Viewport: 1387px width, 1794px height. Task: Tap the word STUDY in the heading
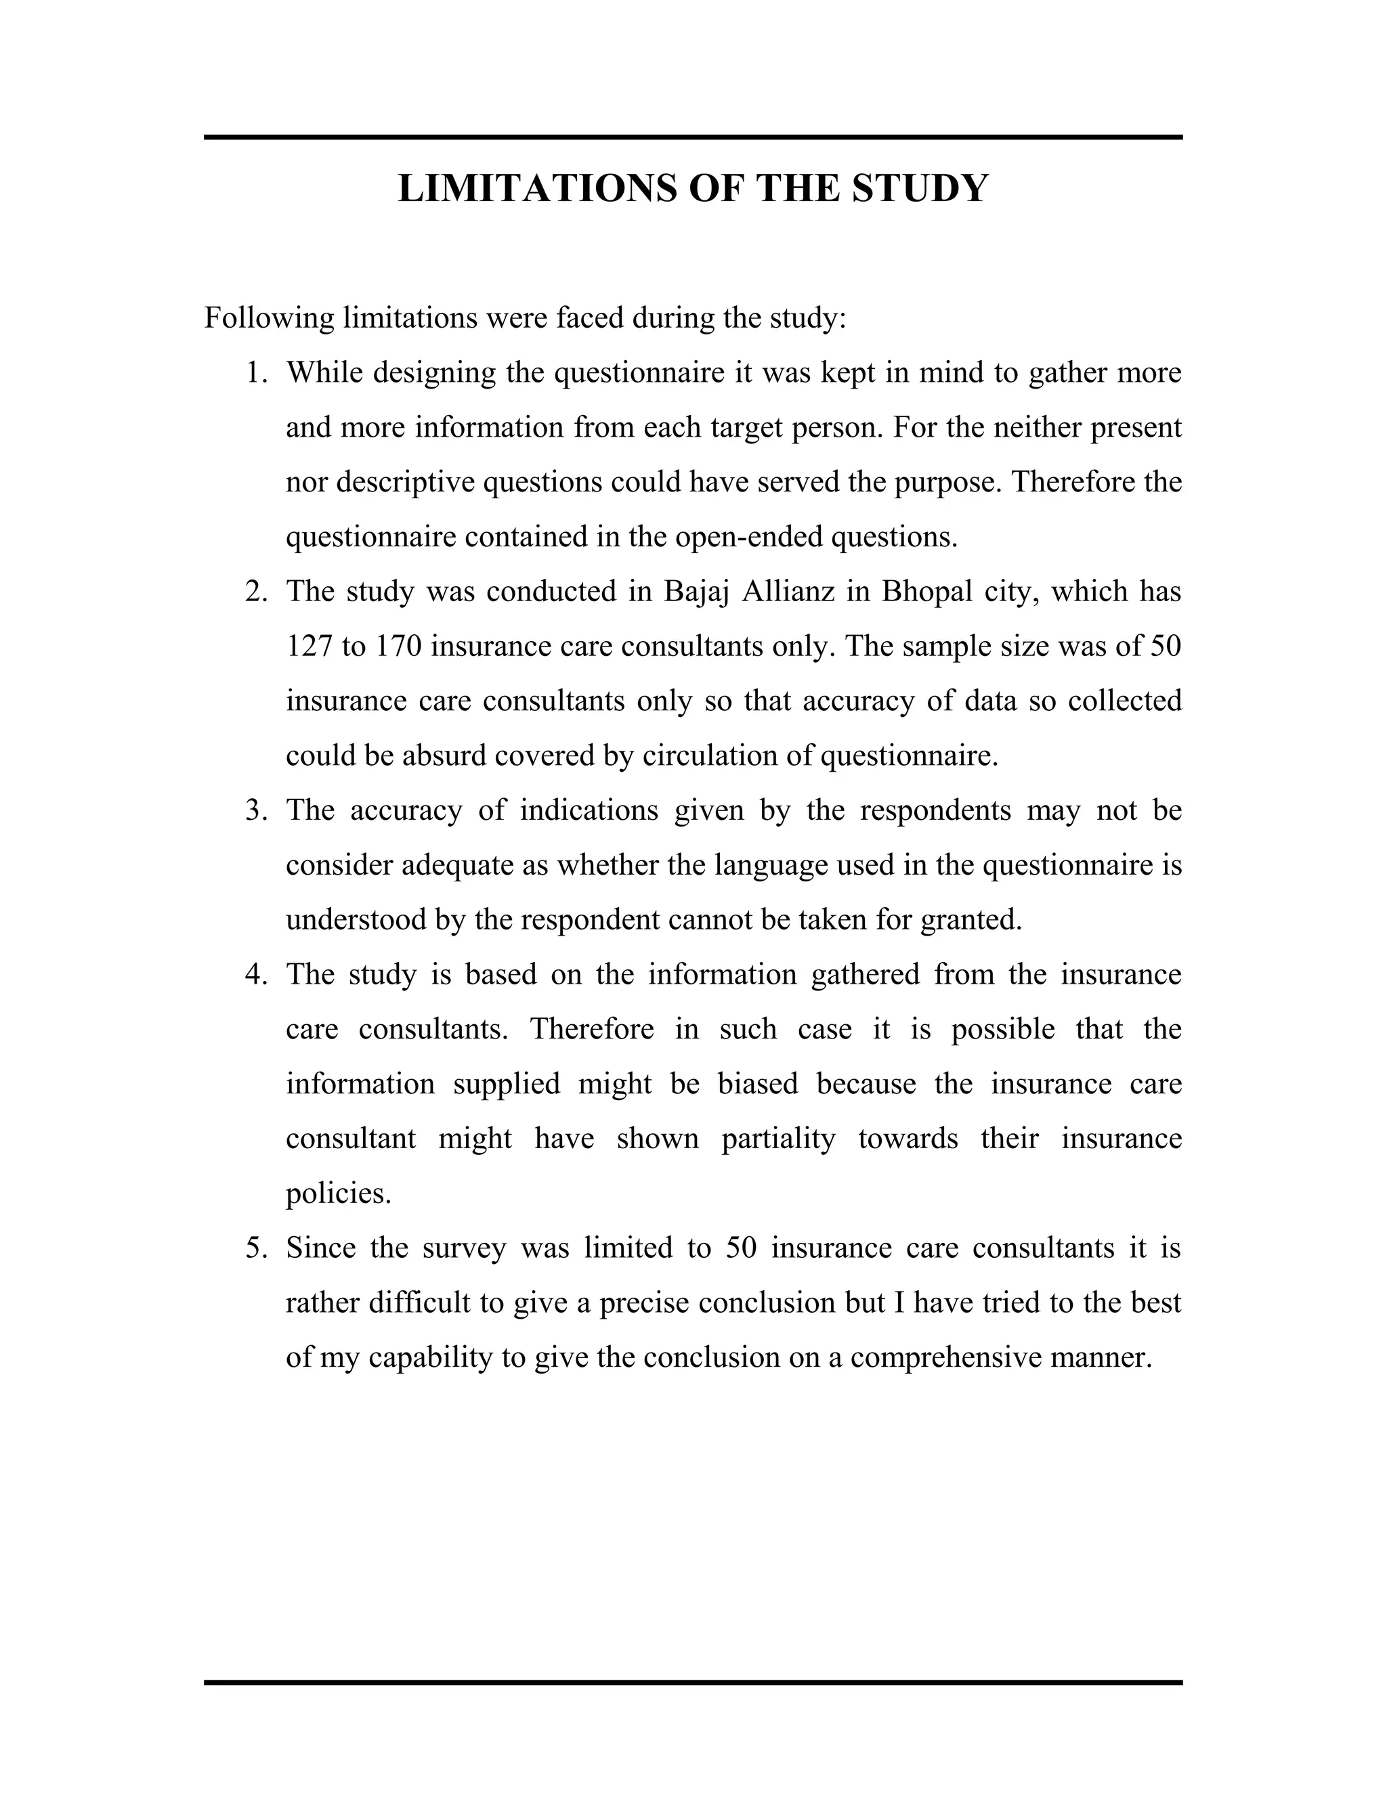coord(920,188)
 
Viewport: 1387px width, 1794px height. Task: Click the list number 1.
coord(255,373)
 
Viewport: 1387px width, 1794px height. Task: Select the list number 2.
coord(255,592)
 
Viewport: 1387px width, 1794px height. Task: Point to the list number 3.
coord(255,811)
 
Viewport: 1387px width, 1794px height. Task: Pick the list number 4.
coord(255,975)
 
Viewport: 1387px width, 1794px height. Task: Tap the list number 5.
coord(255,1248)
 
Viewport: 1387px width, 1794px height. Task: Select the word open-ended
coord(748,538)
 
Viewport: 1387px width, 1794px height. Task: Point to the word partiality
coord(778,1139)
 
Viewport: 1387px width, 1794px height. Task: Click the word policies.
coord(338,1194)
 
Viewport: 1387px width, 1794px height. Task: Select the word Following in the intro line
coord(269,318)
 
